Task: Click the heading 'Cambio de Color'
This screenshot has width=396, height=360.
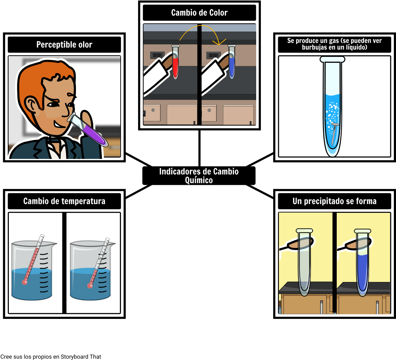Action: tap(199, 13)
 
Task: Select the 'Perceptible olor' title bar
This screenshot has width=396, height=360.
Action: tap(64, 45)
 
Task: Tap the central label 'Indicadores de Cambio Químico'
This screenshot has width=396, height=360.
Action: tap(199, 176)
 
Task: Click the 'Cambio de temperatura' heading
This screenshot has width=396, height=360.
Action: tap(64, 201)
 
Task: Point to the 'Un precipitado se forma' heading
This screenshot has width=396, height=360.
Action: tap(334, 201)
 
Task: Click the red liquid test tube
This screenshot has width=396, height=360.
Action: tap(175, 62)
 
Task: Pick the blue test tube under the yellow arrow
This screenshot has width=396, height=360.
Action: tap(232, 62)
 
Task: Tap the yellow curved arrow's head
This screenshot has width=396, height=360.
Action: tap(219, 42)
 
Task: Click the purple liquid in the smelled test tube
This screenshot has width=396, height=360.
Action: tap(93, 134)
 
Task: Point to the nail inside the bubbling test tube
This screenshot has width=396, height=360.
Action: tap(334, 133)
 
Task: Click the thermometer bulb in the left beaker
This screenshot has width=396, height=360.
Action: tap(24, 282)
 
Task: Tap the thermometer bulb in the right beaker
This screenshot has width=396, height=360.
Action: tap(90, 286)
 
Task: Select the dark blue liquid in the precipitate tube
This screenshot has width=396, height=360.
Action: tap(363, 273)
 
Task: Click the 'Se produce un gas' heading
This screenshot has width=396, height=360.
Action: tap(334, 44)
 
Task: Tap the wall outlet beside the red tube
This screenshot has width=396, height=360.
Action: tap(157, 55)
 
